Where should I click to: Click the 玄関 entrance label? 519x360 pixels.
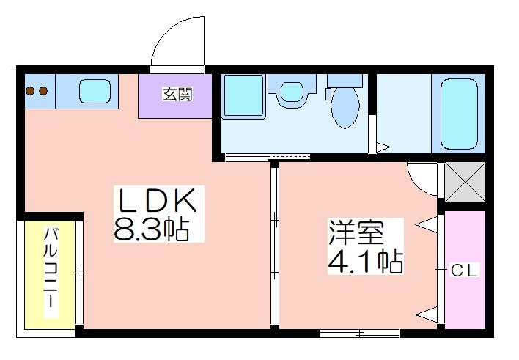point(177,95)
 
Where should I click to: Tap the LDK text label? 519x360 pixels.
point(158,201)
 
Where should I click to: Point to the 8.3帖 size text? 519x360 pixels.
point(151,229)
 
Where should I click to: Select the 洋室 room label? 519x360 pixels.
point(356,232)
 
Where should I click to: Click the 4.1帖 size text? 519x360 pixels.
point(365,261)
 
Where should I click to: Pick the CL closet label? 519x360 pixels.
point(464,271)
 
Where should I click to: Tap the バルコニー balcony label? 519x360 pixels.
point(51,271)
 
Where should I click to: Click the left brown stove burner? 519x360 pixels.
point(31,90)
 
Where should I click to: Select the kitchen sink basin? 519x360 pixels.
point(95,92)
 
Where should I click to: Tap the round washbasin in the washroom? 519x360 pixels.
point(292,92)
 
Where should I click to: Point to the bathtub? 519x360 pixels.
point(459,114)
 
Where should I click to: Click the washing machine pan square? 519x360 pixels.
point(244,96)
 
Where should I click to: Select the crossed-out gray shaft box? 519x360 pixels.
point(465,182)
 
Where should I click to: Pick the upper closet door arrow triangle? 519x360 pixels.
point(426,224)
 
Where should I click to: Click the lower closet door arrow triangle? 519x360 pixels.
point(426,315)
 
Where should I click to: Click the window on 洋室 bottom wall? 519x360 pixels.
point(360,334)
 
